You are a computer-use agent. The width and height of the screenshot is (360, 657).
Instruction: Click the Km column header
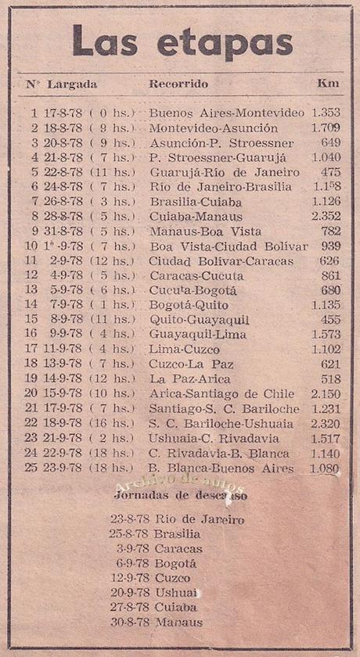(327, 83)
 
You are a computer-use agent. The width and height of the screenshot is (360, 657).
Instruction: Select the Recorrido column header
(178, 83)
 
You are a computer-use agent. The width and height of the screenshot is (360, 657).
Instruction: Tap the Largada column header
(72, 83)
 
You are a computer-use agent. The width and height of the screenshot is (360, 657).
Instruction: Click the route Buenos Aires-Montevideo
(226, 113)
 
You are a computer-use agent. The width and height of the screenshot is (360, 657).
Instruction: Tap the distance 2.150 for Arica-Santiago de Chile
(326, 393)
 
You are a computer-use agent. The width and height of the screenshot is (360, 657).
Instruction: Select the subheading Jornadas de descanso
(180, 496)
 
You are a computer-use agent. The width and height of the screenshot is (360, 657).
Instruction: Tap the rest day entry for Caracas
(157, 548)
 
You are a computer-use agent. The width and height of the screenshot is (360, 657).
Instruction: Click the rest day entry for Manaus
(157, 623)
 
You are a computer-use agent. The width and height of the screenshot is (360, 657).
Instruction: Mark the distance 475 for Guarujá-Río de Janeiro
(329, 172)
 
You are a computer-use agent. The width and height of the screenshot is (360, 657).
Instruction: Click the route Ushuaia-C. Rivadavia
(214, 438)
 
